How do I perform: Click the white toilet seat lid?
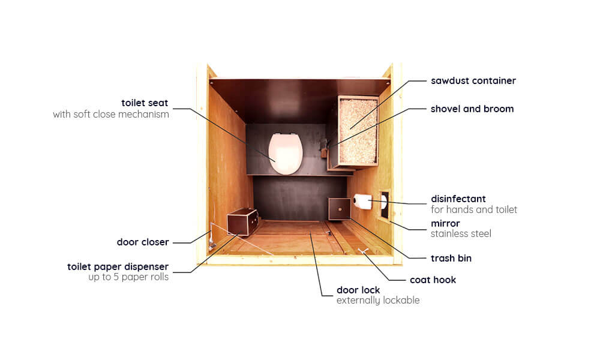coord(286,154)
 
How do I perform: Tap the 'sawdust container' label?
coord(473,81)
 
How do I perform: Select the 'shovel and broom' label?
coord(472,109)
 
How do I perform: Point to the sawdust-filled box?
coord(358,131)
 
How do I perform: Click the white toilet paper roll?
coord(362,201)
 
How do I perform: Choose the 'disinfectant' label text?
coord(458,199)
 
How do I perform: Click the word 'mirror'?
coord(445,223)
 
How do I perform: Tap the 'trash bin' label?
coord(451,258)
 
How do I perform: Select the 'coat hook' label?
coord(433,280)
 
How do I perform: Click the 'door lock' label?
coord(358,290)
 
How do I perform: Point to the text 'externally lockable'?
coord(378,301)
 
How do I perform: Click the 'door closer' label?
coord(143,242)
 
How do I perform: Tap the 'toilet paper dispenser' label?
coord(118,266)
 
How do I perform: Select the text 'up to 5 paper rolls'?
coord(128,277)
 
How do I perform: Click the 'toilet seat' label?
coord(145,103)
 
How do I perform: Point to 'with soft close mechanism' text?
coord(111,115)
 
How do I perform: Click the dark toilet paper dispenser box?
coord(242,222)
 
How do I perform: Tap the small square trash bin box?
coord(340,209)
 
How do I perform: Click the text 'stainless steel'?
coord(461,234)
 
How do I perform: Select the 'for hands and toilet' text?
coord(474,209)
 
